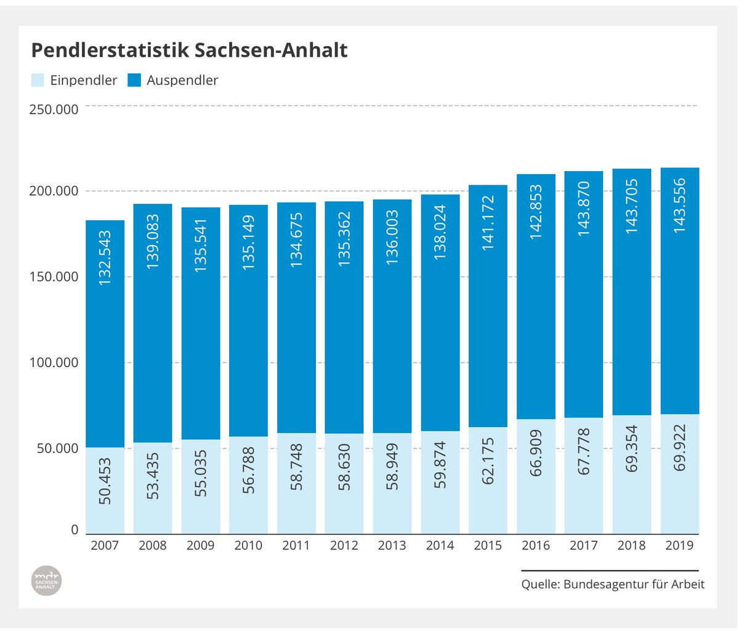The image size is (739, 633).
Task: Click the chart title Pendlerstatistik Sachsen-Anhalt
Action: pos(189,50)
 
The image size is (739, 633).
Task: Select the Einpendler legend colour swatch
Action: pos(38,80)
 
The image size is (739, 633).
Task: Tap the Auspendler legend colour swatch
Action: pos(134,80)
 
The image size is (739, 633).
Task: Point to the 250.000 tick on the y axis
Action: pos(54,110)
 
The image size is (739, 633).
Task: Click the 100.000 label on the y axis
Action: pos(54,362)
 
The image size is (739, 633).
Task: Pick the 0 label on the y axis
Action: pos(75,530)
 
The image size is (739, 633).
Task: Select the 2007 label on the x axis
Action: pos(105,546)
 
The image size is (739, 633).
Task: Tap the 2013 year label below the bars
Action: pos(392,546)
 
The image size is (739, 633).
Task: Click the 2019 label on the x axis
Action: pos(679,546)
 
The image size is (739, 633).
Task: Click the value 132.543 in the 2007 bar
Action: pos(105,258)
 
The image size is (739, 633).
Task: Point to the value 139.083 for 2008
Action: pos(153,241)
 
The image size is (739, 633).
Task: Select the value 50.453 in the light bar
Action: pos(105,481)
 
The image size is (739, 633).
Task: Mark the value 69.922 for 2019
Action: pos(679,448)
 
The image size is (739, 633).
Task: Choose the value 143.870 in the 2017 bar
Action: pos(584,209)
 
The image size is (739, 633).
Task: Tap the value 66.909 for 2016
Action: pos(536,453)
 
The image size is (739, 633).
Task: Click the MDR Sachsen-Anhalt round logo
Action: pos(46,580)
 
